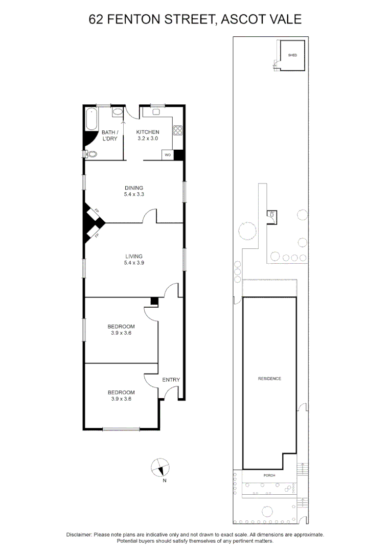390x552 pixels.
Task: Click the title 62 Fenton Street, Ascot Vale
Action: point(195,19)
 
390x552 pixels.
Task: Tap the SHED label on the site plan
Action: point(292,55)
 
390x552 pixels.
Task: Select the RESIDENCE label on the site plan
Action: point(269,379)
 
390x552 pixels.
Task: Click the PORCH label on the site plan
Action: point(269,475)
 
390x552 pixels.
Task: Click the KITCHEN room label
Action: point(148,132)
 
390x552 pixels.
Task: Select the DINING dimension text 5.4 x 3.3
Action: point(134,194)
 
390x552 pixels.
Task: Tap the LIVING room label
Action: point(134,257)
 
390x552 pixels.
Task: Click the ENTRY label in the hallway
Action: point(171,380)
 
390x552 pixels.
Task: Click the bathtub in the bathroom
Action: point(92,119)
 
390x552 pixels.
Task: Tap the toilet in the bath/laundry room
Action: point(91,154)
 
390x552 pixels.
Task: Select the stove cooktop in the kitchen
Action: point(177,130)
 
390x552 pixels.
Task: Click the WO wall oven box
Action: point(167,155)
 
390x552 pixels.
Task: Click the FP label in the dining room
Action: point(96,211)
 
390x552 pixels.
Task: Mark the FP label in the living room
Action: point(96,236)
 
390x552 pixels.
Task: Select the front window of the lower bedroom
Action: point(121,429)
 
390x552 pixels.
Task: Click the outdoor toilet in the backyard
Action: point(272,216)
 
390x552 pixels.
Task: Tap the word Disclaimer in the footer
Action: point(79,534)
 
